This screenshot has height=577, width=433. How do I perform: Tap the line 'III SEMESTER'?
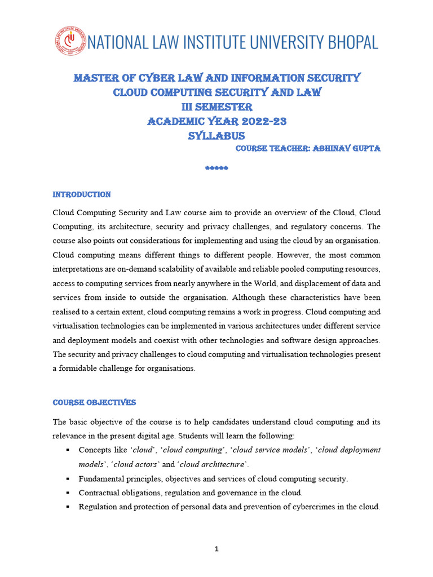[216, 107]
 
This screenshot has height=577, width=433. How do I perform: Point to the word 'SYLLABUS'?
[216, 136]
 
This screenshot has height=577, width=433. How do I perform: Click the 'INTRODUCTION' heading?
[82, 194]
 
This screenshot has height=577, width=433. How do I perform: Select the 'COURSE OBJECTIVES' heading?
[94, 403]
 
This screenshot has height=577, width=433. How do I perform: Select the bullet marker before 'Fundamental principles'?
[67, 479]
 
